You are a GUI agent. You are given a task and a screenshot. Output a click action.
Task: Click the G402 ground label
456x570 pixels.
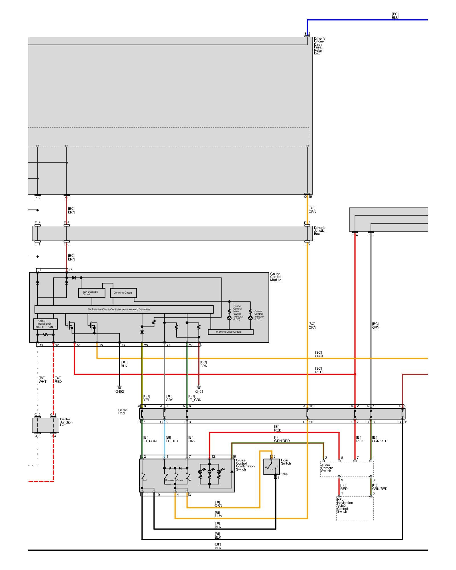tap(119, 391)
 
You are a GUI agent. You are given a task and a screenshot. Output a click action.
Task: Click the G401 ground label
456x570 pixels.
tap(199, 391)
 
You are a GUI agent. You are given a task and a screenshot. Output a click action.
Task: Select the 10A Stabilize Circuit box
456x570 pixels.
tap(91, 293)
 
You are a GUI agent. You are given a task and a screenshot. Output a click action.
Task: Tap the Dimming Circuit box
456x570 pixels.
tap(123, 293)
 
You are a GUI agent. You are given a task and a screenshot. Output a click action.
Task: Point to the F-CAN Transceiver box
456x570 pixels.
tap(45, 324)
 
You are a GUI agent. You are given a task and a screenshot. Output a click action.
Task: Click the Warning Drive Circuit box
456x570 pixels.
tap(230, 332)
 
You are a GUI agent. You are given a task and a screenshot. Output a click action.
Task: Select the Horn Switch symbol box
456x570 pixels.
tap(271, 467)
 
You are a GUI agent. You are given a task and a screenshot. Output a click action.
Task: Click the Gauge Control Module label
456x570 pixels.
tap(276, 277)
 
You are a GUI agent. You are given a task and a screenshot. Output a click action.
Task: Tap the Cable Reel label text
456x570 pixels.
tap(123, 412)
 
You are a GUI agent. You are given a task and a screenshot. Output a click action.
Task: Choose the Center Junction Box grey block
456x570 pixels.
tap(46, 425)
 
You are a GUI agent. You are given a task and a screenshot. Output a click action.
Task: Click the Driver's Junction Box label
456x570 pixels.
tap(320, 231)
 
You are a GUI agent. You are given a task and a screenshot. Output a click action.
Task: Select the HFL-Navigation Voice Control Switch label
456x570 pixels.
tap(345, 506)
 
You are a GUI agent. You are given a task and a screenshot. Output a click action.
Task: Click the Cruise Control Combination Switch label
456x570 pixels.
tap(245, 465)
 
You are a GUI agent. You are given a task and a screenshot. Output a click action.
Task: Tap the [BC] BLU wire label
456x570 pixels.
tap(395, 16)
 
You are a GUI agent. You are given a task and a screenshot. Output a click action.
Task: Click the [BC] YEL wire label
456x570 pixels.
tap(146, 398)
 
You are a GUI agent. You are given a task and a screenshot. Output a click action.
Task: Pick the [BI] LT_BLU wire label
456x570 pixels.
tap(172, 439)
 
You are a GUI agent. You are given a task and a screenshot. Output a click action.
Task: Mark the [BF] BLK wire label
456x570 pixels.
tap(218, 546)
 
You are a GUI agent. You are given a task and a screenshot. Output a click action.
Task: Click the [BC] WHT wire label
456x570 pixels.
tap(42, 380)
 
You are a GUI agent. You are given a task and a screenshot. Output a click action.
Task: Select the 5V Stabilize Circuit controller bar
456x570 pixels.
tap(124, 309)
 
